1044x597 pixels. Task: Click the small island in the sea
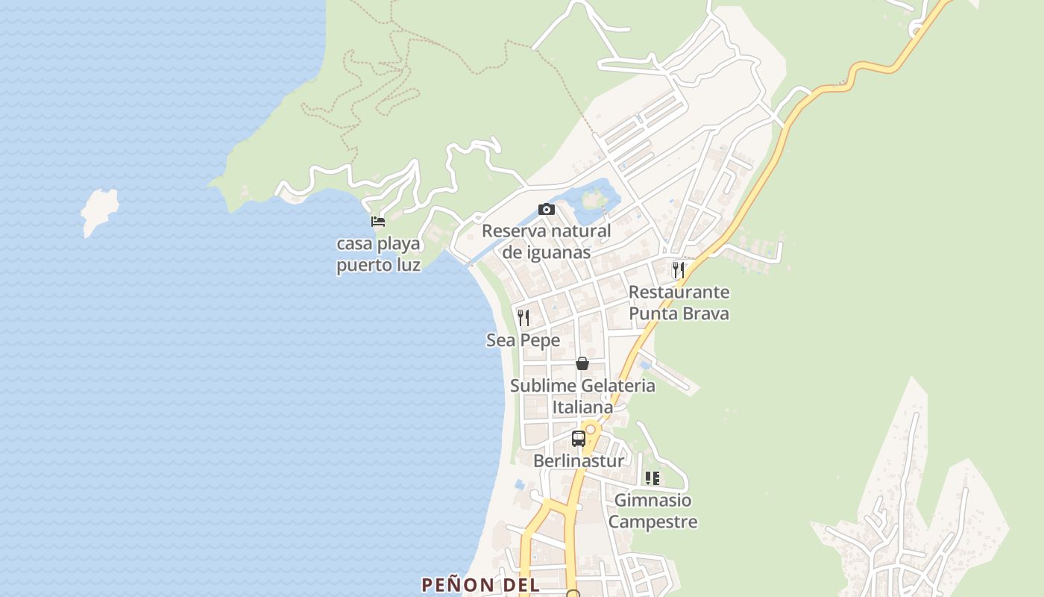[x=99, y=211]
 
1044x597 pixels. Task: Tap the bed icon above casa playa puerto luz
[x=378, y=222]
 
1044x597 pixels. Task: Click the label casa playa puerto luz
[x=379, y=254]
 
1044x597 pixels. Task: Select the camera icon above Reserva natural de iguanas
[x=547, y=210]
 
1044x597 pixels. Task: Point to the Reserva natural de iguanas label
[x=546, y=241]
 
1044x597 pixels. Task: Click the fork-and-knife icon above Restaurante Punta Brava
[x=678, y=269]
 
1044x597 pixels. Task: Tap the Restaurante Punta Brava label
[x=679, y=302]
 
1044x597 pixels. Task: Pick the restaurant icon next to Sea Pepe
[x=523, y=318]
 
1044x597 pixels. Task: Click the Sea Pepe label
[x=523, y=340]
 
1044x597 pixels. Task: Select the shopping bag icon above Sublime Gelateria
[x=582, y=363]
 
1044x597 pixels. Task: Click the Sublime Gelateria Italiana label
[x=582, y=396]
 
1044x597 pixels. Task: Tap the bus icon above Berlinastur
[x=579, y=439]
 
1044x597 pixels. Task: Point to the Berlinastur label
[x=578, y=461]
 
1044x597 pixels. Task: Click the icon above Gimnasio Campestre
[x=652, y=478]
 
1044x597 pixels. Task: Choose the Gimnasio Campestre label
[x=652, y=510]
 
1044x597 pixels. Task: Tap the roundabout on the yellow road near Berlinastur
[x=591, y=429]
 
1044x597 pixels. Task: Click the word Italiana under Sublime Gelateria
[x=582, y=407]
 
